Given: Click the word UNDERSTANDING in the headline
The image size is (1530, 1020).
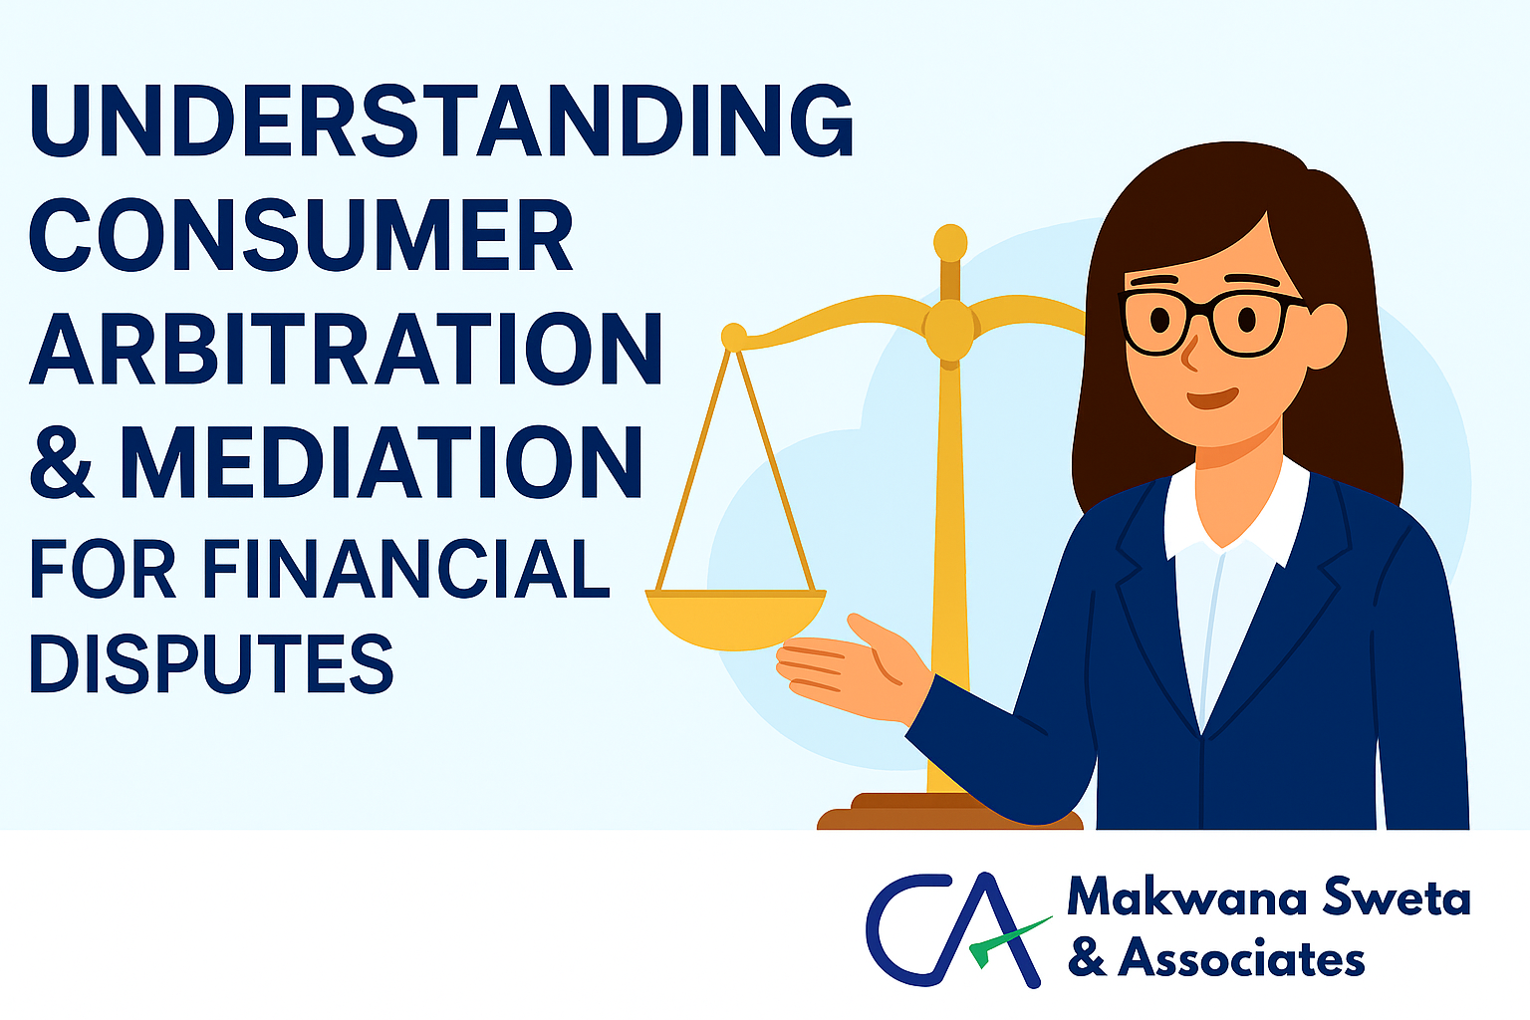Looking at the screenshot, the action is tap(441, 121).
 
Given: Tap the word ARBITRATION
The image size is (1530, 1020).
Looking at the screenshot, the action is tap(346, 349).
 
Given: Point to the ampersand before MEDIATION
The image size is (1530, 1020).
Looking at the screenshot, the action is tap(62, 462).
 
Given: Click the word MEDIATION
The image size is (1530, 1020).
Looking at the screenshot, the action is tap(382, 462).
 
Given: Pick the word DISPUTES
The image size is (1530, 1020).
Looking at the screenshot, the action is tap(212, 663).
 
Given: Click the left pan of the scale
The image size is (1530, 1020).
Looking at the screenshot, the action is tap(736, 619).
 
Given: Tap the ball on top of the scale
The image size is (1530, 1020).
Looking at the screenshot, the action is tap(950, 242).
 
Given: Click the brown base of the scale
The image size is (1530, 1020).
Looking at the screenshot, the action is tap(949, 812).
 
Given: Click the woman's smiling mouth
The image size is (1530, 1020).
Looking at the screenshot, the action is tap(1212, 397).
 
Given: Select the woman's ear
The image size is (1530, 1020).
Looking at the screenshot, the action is tap(1326, 335).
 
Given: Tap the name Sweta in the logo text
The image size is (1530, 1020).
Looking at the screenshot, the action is tap(1397, 897).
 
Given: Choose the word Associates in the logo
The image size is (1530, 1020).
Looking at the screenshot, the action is tap(1241, 958).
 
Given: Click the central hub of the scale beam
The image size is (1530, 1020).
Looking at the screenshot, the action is tap(950, 330).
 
